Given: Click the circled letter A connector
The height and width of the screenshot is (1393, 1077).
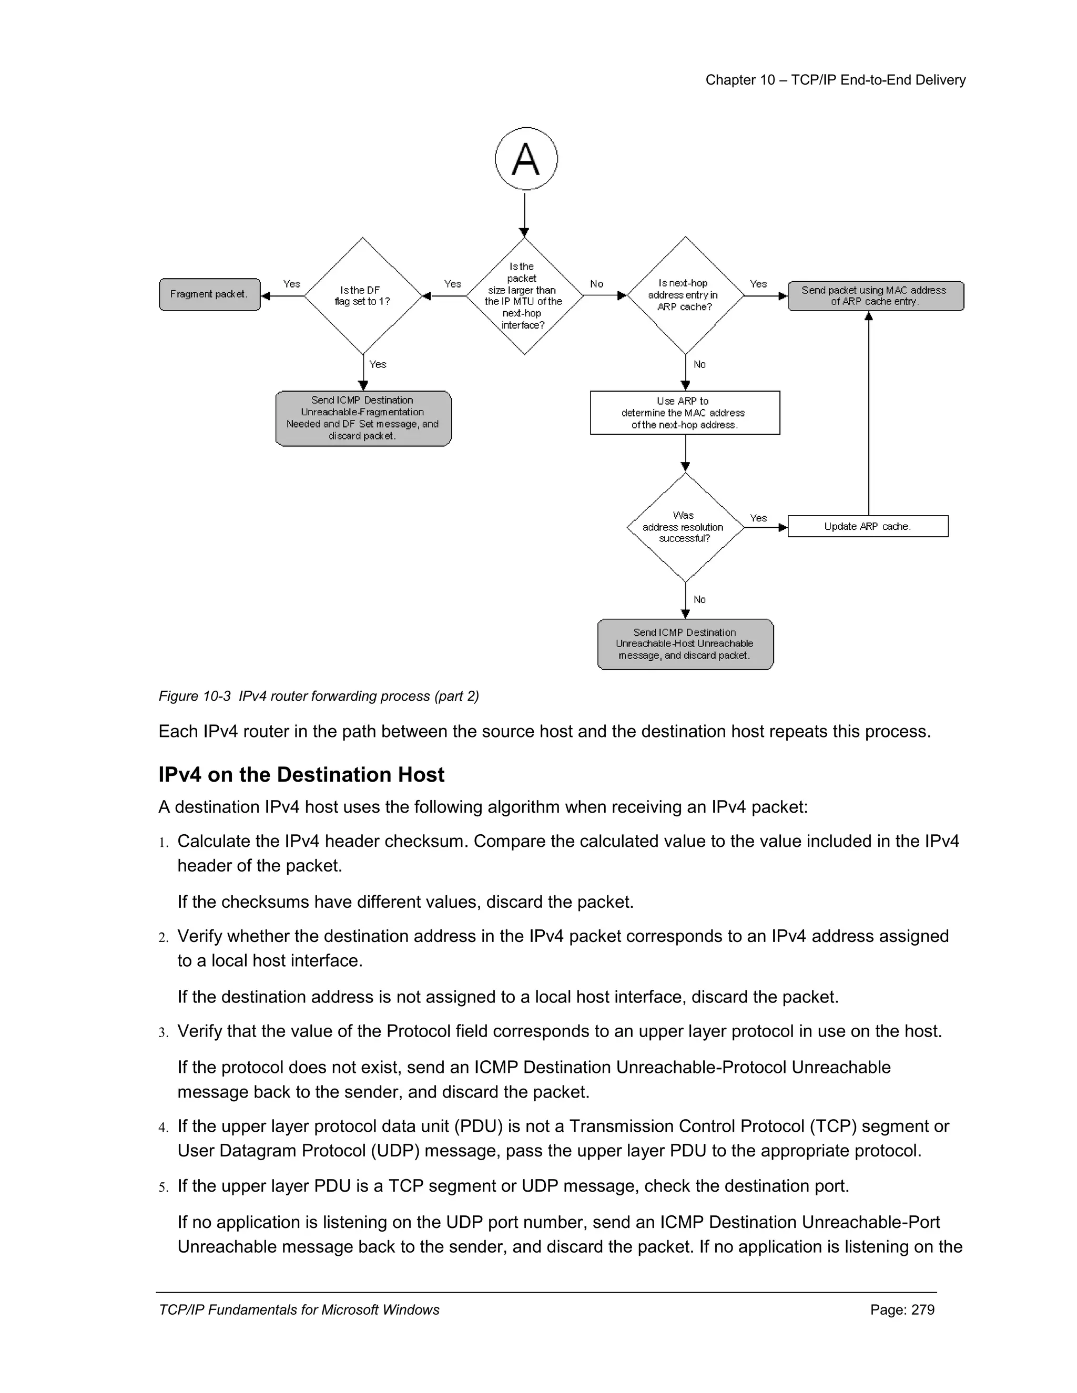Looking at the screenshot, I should [526, 158].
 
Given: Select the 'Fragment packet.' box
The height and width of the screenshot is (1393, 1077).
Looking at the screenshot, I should [209, 295].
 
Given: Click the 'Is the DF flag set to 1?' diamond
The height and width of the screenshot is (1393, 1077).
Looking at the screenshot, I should [362, 296].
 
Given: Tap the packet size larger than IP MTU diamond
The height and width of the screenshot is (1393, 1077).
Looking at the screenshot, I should [524, 296].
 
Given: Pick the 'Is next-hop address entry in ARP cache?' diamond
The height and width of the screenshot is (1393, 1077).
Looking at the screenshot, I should [685, 295].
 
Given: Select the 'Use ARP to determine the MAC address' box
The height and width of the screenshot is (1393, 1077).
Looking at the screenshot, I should [684, 413].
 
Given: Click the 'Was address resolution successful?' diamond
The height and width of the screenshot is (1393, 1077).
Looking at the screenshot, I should [685, 527].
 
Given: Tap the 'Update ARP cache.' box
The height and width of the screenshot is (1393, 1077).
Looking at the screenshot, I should [867, 526].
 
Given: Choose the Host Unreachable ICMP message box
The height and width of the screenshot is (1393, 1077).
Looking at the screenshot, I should [685, 644].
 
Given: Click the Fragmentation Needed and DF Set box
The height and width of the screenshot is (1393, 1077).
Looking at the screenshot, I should [363, 418].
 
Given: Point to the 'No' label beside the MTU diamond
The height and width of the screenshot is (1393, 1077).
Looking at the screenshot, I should [596, 284].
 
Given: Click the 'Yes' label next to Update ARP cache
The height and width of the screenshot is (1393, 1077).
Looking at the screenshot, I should [758, 518].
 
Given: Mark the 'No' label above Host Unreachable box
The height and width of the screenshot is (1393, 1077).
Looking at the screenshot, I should [699, 600].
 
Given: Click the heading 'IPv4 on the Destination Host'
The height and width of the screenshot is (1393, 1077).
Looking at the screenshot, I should [301, 775].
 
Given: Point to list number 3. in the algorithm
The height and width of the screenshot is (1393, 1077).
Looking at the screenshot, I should [164, 1032].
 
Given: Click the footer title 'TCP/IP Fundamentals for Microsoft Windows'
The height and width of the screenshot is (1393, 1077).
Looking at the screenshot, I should [299, 1309].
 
